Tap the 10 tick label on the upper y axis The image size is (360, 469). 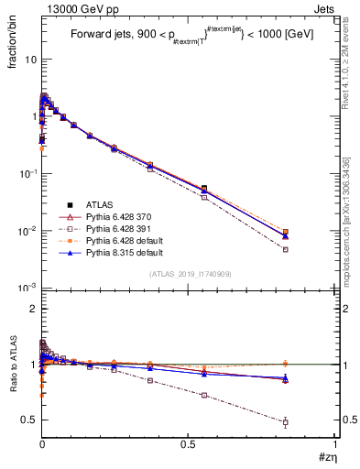point(29,59)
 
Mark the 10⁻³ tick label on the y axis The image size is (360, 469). point(27,289)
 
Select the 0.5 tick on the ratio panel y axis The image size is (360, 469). point(28,420)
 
